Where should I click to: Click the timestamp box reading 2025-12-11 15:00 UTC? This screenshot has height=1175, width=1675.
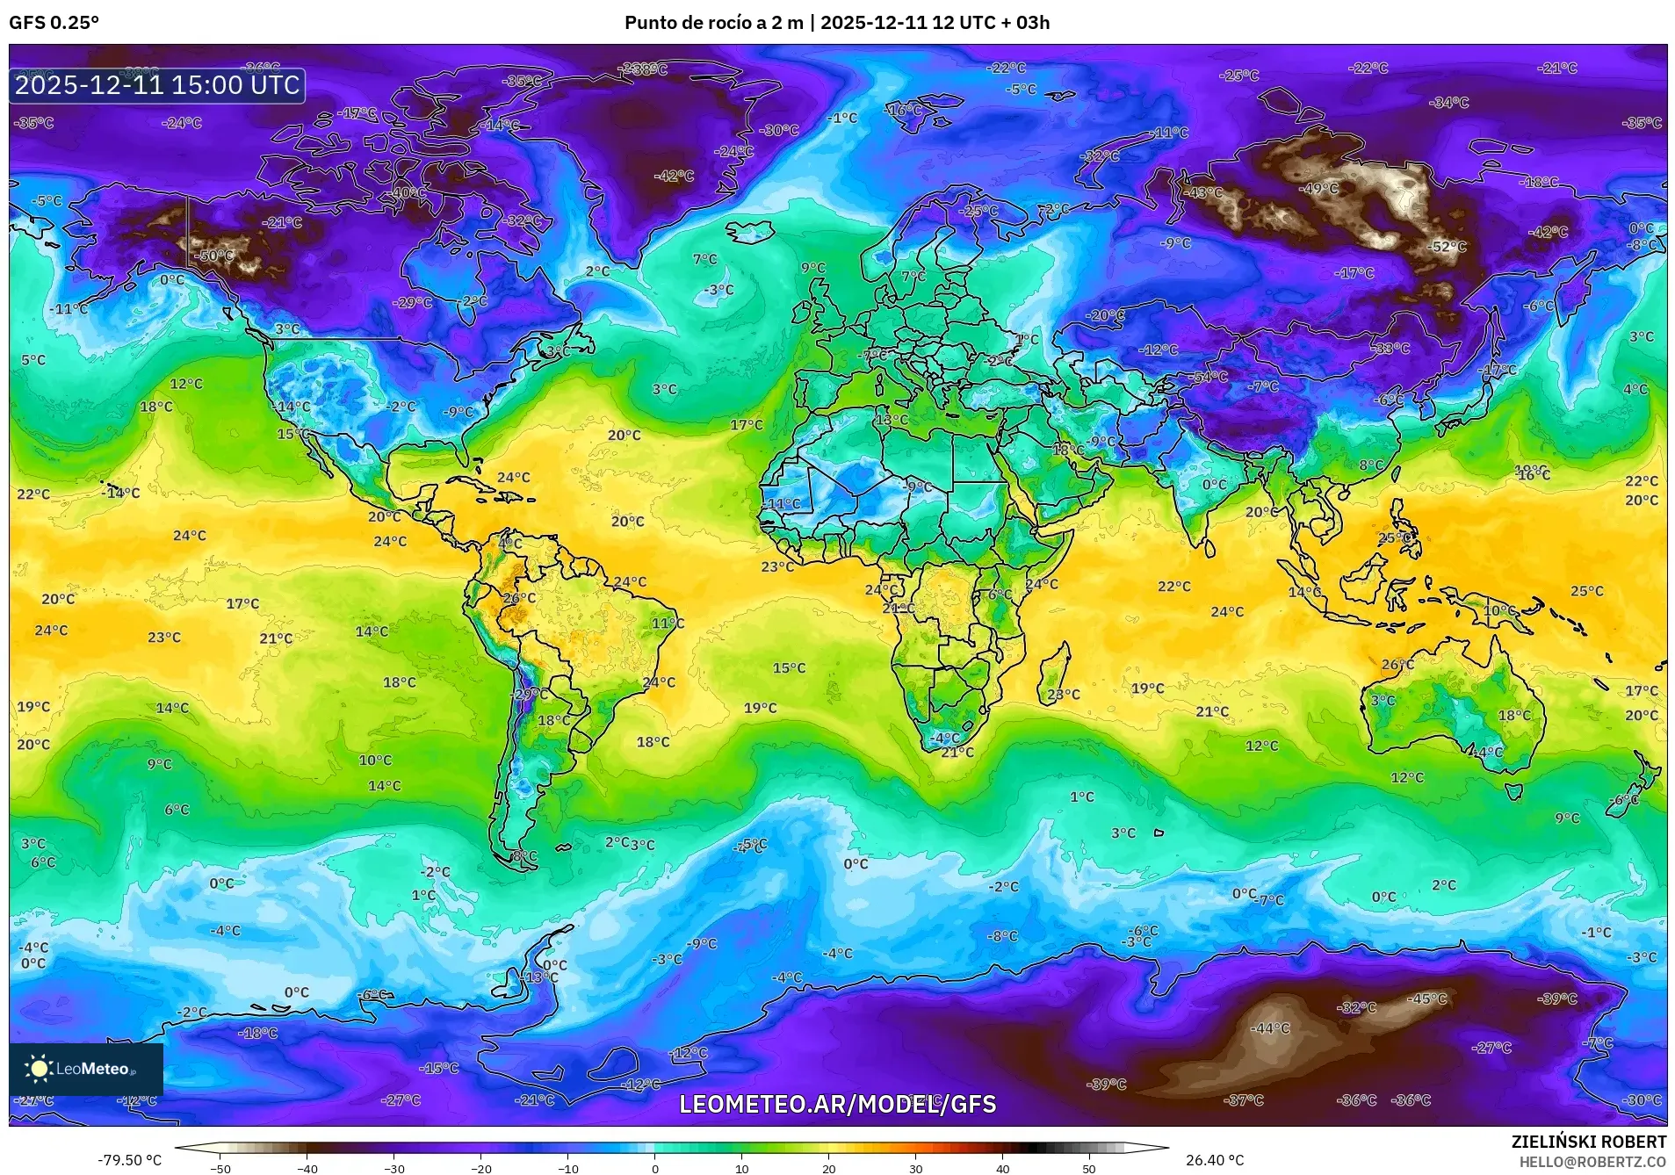coord(157,85)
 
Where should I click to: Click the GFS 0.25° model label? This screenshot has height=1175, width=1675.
coord(54,23)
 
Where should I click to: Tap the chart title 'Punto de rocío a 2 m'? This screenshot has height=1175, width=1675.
coord(713,23)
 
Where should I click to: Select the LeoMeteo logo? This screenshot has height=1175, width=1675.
coord(85,1069)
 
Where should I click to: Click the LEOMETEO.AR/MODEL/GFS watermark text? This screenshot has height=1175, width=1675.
coord(837,1104)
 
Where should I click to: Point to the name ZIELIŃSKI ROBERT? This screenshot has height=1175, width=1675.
coord(1588,1142)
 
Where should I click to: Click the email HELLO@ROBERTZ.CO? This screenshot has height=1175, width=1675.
coord(1592,1161)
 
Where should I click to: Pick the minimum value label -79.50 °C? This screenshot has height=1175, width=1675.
coord(130,1160)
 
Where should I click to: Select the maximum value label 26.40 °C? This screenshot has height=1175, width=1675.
coord(1215,1160)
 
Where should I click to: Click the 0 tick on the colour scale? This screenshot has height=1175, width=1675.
coord(654,1168)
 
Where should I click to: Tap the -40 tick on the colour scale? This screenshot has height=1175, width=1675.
coord(307,1168)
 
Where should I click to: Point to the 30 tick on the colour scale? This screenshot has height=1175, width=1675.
coord(915,1168)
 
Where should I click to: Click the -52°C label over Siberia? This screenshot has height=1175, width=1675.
coord(1448,247)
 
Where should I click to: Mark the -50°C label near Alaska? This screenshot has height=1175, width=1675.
coord(216,256)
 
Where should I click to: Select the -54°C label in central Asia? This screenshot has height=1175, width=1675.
coord(1209,377)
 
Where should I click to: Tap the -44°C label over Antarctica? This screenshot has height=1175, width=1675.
coord(1270,1027)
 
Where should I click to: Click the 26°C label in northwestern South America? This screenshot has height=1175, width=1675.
coord(518,598)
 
